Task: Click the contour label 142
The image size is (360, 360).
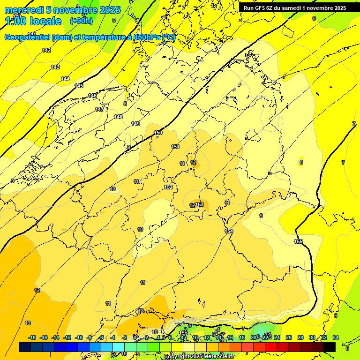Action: point(46,50)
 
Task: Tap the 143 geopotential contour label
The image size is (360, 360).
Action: point(55,67)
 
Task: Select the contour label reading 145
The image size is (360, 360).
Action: point(79,86)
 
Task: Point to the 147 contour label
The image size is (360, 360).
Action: point(99,109)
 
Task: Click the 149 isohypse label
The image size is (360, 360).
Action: point(135,124)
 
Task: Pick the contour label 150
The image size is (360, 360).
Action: point(158,133)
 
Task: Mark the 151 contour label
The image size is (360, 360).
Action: point(175,147)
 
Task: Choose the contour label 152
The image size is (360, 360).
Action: point(168,187)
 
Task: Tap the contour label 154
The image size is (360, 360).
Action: point(229,231)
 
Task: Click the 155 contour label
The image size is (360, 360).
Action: point(298,241)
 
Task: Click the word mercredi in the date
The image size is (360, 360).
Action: point(24,10)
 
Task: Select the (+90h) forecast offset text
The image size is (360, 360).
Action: point(81,21)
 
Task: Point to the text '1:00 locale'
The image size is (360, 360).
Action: point(33,21)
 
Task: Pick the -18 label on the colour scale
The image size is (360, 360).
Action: point(32,337)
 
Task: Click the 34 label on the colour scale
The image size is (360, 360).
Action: point(336,337)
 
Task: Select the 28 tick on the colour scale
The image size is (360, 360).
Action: point(300,337)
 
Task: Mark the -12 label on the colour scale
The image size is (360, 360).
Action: point(67,337)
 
